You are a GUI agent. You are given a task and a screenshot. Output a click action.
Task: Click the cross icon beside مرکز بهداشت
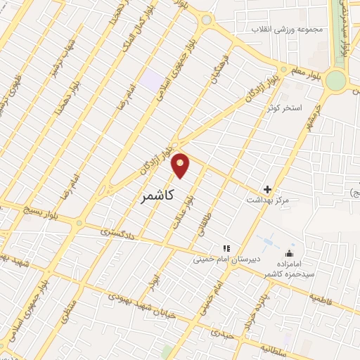coord(267,189)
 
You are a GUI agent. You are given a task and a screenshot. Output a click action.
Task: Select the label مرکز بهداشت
coord(267,201)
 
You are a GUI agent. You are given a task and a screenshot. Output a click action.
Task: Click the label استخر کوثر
coord(284,108)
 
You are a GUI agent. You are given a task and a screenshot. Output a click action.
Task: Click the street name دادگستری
coord(115,230)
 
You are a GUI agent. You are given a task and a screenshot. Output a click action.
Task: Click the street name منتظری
coord(67,310)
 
